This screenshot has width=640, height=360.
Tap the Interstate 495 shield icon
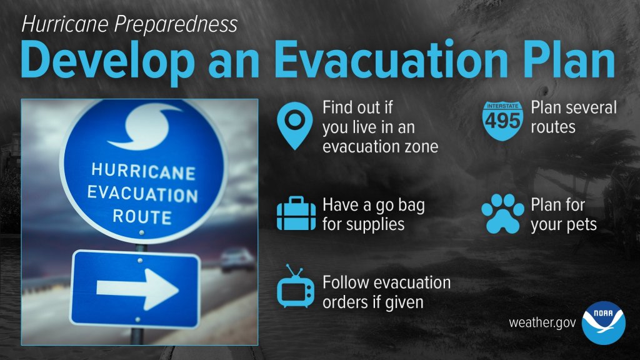coord(502,121)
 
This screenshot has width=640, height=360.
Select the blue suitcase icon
coord(296,214)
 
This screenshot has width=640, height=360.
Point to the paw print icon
coord(502,214)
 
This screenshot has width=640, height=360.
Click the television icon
coord(296,286)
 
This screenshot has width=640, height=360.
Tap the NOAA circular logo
coord(603,323)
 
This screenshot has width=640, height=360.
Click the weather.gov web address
coord(542,322)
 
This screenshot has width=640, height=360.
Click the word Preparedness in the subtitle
coord(176,25)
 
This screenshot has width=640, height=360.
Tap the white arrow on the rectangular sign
coord(137,289)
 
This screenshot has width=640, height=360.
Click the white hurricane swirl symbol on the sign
coord(143,126)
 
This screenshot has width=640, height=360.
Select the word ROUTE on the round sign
coord(142,217)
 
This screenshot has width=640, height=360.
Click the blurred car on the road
coord(237,259)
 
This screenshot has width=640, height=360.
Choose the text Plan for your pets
coord(564,215)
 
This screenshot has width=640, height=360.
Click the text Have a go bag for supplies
coord(374,215)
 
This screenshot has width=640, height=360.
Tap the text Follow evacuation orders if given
coord(386,292)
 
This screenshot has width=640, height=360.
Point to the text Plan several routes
coord(574,117)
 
